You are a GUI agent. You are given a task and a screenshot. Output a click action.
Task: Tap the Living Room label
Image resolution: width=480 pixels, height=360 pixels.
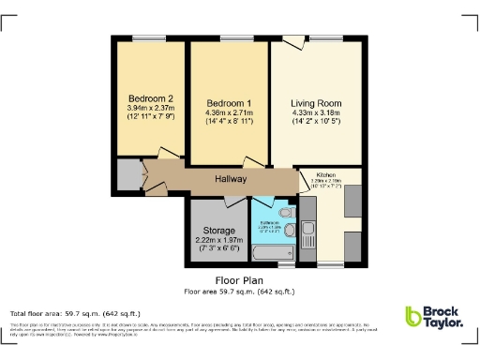[x=316, y=102]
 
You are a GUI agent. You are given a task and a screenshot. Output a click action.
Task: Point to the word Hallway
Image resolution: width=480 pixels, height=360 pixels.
[x=230, y=179]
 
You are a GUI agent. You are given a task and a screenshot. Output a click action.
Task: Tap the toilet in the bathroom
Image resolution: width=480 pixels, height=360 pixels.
[x=288, y=228]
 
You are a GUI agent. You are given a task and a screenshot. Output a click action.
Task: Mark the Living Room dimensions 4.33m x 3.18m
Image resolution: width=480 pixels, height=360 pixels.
[x=316, y=113]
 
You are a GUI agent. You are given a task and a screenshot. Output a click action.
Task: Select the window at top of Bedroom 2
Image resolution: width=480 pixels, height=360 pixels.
[x=146, y=38]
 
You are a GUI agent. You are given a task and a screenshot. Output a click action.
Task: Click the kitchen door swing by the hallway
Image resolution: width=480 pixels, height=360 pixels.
[x=306, y=178]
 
